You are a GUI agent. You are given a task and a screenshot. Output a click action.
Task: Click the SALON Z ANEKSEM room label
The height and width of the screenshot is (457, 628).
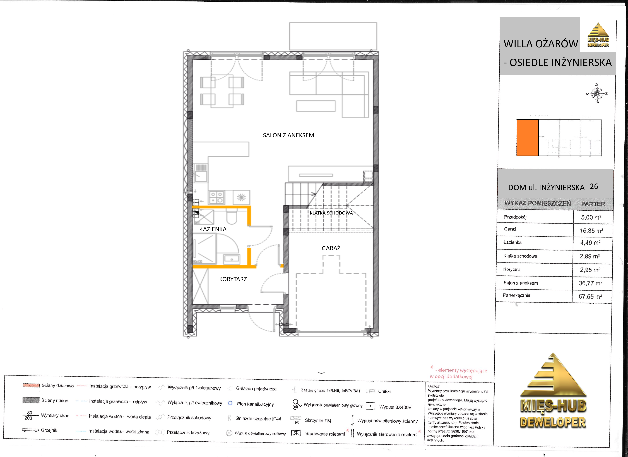(x=288, y=135)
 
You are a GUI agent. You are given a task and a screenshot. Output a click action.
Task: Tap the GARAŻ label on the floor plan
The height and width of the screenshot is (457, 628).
(x=331, y=248)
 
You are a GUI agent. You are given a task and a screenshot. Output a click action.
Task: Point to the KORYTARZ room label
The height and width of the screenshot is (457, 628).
(x=233, y=279)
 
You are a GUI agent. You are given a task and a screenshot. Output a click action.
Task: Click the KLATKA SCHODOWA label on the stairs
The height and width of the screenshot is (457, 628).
(x=331, y=213)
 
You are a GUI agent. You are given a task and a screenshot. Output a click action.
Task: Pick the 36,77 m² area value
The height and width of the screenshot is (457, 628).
(x=590, y=283)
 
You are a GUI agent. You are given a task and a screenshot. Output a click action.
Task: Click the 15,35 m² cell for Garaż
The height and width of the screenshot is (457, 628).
(x=591, y=230)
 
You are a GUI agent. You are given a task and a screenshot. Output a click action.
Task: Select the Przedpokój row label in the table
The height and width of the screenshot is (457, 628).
(x=515, y=217)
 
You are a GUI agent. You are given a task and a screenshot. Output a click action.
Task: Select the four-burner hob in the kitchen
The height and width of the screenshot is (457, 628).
(x=216, y=197)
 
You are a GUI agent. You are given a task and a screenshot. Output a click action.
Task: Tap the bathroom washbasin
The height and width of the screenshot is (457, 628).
(x=232, y=259)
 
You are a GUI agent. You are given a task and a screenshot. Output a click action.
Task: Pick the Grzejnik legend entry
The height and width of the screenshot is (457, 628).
(x=40, y=430)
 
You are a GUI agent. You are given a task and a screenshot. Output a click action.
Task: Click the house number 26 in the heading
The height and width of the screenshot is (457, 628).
(x=594, y=186)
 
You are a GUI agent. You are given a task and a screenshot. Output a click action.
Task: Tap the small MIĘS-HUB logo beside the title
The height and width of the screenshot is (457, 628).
(x=598, y=35)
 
